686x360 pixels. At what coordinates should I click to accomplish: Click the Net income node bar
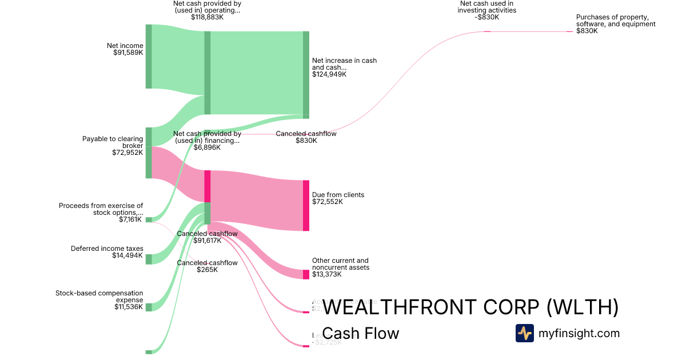tap(149, 57)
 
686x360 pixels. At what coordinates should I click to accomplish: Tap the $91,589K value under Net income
tap(128, 53)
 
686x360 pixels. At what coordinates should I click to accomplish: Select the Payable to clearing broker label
tap(113, 142)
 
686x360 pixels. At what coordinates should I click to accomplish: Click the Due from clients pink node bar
tap(306, 206)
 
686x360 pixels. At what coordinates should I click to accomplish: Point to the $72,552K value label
tap(328, 202)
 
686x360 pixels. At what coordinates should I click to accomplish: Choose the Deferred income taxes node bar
tap(149, 259)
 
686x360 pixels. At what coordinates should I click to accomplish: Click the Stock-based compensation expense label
tap(99, 297)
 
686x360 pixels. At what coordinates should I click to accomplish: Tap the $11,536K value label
tap(129, 307)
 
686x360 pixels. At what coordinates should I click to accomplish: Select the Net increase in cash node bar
tap(306, 74)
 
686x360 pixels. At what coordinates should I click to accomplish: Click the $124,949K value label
tap(329, 74)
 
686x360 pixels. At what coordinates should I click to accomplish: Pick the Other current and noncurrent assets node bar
tap(306, 274)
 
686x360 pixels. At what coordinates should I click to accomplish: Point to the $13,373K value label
tap(327, 274)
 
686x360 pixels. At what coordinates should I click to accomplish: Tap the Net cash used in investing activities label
tap(487, 7)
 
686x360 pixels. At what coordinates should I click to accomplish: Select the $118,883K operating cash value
tap(208, 17)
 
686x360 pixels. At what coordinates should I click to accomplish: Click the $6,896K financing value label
tap(207, 147)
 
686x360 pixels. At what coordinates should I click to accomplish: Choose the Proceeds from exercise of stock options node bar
tap(149, 219)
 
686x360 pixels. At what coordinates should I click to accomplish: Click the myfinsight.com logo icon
tap(524, 333)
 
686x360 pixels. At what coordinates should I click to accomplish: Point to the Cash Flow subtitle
tap(361, 333)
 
